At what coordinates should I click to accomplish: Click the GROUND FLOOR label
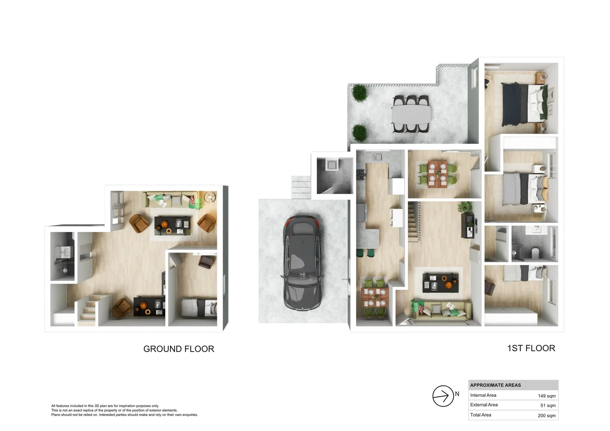pos(178,349)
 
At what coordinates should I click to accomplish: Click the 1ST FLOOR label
pos(531,348)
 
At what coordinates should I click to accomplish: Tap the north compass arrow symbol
pos(443,396)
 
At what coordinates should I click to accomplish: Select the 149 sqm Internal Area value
pos(547,396)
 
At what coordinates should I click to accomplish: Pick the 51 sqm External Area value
pos(548,405)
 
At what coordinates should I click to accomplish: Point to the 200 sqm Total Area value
pos(547,415)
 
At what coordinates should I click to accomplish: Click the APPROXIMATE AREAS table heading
pos(495,385)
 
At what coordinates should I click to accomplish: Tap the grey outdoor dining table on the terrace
pos(411,114)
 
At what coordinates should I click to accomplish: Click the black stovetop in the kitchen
pos(360,174)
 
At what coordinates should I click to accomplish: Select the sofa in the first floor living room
pos(442,310)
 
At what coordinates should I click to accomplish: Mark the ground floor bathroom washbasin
pos(65,252)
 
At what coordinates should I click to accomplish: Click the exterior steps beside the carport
pos(301,187)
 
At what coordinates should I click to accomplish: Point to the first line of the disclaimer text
pos(105,406)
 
